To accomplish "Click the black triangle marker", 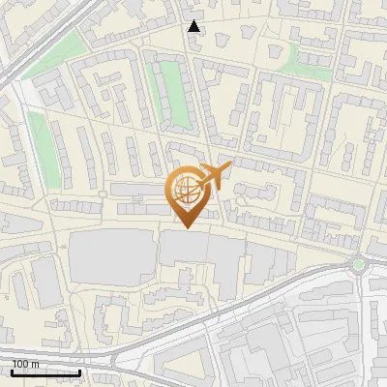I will (194, 26).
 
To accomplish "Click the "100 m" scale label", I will (25, 364).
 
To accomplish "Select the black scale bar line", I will (45, 372).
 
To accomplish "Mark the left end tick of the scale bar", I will (12, 371).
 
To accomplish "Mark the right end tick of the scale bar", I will (80, 371).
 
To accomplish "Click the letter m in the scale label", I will (35, 364).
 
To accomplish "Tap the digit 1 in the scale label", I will (15, 364).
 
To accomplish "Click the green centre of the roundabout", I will (359, 262).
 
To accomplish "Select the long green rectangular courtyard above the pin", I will (171, 93).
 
